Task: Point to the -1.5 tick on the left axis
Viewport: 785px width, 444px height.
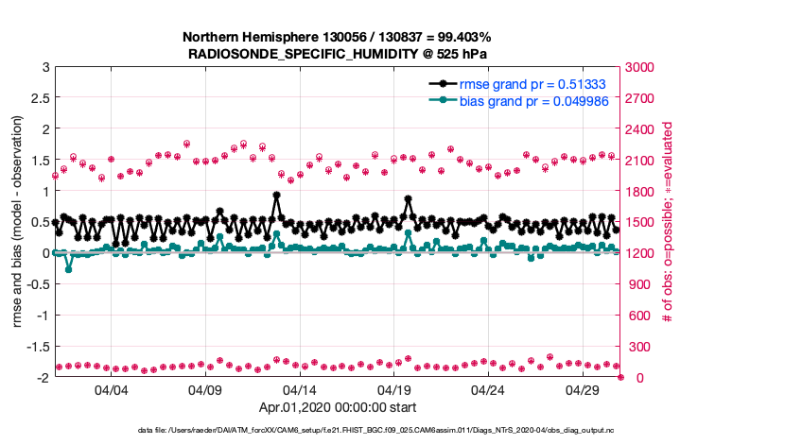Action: point(36,347)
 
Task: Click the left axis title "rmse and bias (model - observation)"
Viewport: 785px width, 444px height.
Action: point(17,223)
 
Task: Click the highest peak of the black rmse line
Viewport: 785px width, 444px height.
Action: point(276,196)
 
